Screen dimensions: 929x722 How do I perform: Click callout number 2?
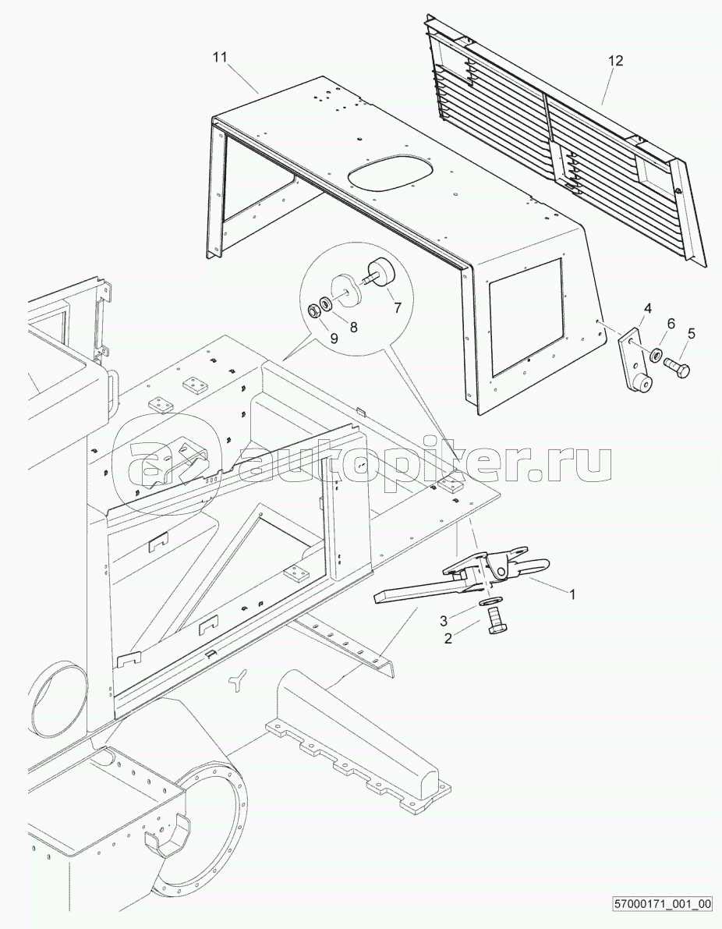448,638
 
